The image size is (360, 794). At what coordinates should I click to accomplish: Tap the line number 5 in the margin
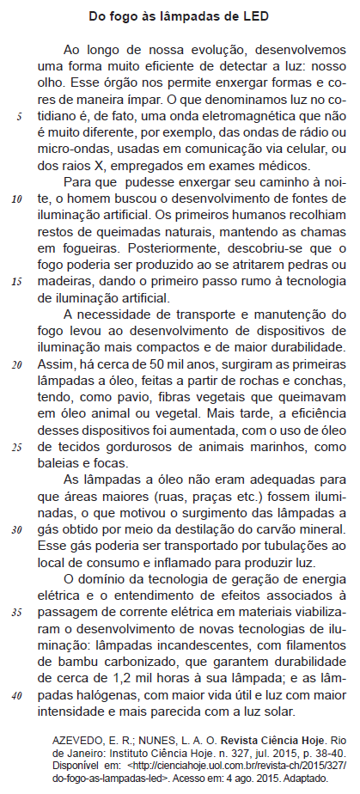click(x=19, y=117)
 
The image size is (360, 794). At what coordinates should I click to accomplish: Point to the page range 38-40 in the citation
click(x=323, y=752)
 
